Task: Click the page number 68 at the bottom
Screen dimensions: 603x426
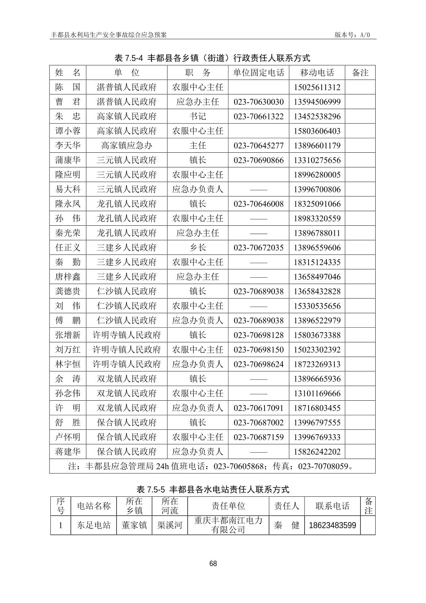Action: coord(213,564)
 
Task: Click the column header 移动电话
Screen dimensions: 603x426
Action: coord(317,73)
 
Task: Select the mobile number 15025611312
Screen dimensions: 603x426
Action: coord(317,87)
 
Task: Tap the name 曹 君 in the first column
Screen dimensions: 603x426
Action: coord(68,102)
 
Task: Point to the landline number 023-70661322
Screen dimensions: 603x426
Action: coord(259,117)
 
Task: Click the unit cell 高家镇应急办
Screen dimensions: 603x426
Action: coord(127,146)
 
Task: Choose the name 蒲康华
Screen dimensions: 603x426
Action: coord(68,160)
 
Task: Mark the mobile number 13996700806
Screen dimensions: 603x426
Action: coord(317,189)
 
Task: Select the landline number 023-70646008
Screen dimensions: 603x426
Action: coord(259,204)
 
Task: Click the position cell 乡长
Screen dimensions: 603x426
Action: coord(198,248)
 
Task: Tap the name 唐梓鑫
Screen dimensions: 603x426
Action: coord(68,277)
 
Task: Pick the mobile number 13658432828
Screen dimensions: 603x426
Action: coord(317,291)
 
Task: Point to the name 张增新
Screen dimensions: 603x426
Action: coord(68,335)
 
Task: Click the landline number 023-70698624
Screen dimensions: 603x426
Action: coord(259,364)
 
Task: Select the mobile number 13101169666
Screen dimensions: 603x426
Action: coord(317,393)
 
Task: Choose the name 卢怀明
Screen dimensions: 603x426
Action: coord(68,437)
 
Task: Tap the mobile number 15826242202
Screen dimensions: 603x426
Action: coord(317,451)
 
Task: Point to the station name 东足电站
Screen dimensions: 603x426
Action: coord(94,525)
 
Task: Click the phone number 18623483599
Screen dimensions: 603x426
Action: coord(332,525)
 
